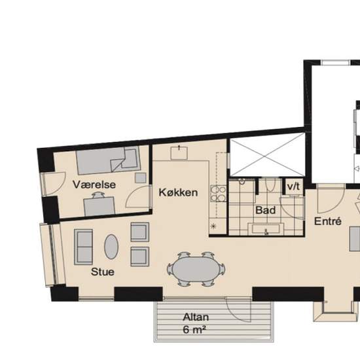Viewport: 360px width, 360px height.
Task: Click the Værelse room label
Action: point(94,185)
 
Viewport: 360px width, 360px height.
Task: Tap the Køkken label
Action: point(178,192)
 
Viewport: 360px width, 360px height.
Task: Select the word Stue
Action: point(103,272)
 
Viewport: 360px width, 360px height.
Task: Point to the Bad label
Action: point(265,210)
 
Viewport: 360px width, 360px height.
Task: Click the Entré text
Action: point(328,221)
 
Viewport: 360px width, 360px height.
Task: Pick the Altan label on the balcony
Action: point(196,317)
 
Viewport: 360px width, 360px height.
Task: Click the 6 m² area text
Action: point(194,330)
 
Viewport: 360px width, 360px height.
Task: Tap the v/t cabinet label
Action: point(293,187)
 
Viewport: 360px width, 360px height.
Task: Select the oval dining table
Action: point(196,269)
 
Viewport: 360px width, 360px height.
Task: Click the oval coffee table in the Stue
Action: point(111,247)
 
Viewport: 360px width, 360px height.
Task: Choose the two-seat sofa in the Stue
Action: point(84,247)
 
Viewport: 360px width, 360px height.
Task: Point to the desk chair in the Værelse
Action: point(98,195)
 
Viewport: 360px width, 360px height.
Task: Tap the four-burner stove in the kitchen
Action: point(219,194)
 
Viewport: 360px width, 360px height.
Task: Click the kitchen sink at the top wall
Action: point(179,153)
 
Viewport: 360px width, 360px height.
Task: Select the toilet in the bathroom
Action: point(270,185)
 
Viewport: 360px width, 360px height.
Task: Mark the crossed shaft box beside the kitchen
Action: point(267,154)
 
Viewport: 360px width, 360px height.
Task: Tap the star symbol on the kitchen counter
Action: point(213,226)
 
